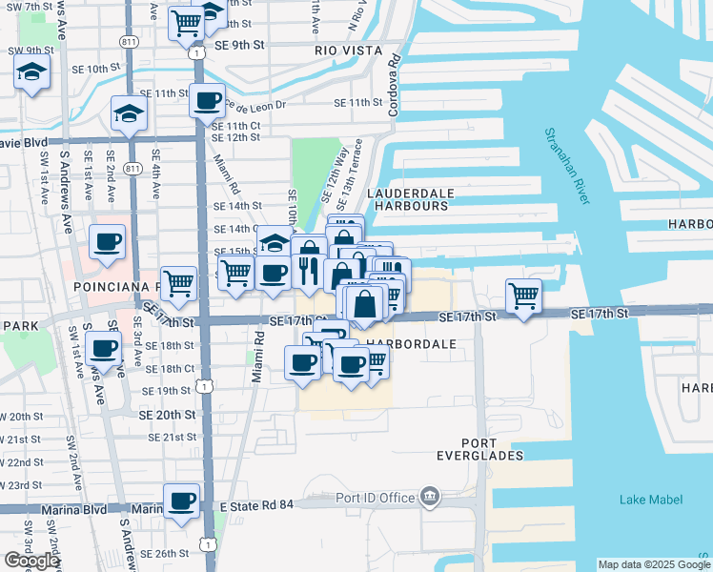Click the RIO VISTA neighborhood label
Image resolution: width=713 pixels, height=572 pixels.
pos(348,50)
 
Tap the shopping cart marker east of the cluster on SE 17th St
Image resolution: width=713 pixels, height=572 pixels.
pos(523,296)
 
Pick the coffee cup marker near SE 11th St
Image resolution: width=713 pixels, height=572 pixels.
pos(207,100)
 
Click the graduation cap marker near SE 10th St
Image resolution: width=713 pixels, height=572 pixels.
pos(31,73)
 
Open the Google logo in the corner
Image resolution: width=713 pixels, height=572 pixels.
pos(31,561)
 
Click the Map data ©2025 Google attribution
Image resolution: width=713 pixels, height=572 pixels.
pos(654,564)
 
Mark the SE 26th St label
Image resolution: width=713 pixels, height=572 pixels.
pos(160,553)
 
